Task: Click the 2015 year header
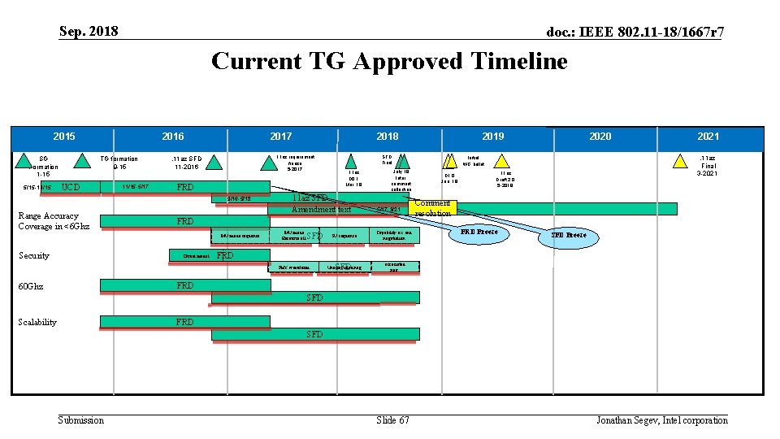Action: click(64, 137)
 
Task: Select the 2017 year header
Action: click(281, 137)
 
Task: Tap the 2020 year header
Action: click(600, 137)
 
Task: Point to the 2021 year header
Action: click(708, 137)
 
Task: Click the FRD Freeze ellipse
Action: click(479, 233)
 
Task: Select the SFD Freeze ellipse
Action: click(569, 235)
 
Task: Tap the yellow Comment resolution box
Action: click(433, 208)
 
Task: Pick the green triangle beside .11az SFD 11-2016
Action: click(214, 162)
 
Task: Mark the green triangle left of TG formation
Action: click(81, 162)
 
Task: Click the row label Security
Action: click(34, 255)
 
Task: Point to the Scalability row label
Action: click(37, 322)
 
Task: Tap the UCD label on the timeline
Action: click(71, 188)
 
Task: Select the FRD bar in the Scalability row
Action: click(185, 322)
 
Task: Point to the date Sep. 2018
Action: click(89, 32)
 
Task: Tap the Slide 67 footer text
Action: click(392, 419)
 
